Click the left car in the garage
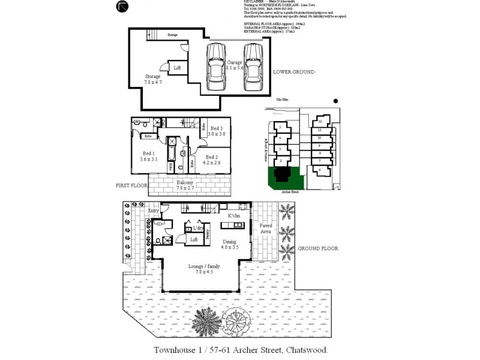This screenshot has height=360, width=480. [x=214, y=65]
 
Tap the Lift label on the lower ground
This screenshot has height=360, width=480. [x=177, y=68]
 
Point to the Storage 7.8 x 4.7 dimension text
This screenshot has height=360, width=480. [x=153, y=82]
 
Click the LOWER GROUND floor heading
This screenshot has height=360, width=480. [x=293, y=72]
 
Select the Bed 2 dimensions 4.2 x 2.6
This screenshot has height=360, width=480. [x=212, y=162]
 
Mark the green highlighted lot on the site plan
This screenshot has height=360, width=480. [x=284, y=176]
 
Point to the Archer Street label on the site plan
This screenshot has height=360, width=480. [x=290, y=192]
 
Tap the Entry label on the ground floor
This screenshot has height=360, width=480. [x=154, y=211]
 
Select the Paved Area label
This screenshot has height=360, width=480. [x=266, y=229]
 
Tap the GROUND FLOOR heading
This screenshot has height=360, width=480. [x=318, y=248]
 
